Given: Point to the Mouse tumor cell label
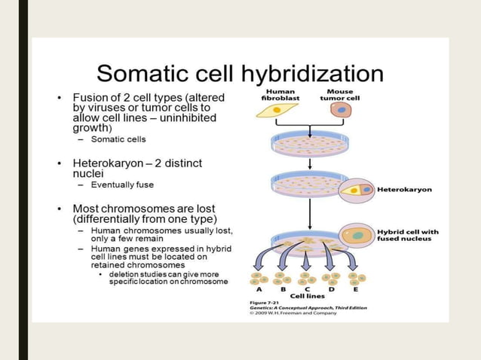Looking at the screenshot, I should pos(339,94).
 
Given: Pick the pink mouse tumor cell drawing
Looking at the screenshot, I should pos(341,111).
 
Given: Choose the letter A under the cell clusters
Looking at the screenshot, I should pos(259,288).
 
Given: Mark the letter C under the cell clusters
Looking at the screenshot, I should pos(306,288).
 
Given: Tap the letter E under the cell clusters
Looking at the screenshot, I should pos(355,288).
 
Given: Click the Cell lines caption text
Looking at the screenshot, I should pos(306,296).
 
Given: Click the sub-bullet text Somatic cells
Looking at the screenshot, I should pos(118,139).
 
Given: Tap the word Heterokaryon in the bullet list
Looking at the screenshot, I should pos(107,163).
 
